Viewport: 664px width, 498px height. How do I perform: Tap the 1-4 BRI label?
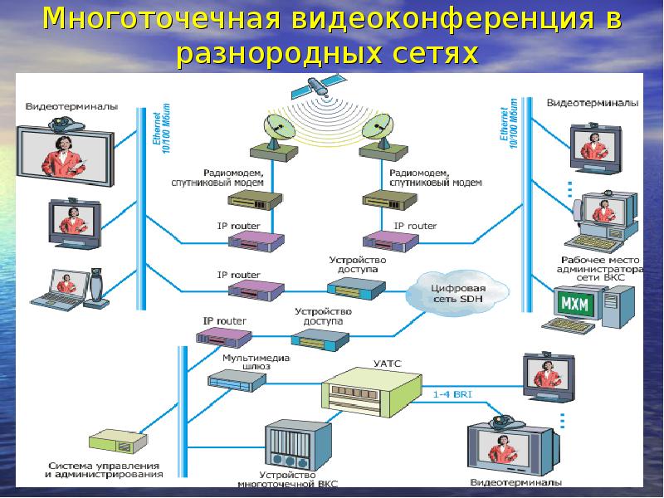coord(452,395)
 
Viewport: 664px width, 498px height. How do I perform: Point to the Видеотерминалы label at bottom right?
coord(515,482)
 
